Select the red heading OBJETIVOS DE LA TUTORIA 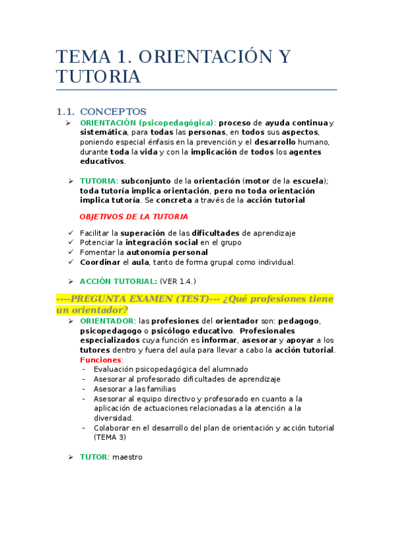(133, 216)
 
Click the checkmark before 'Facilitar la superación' (71, 233)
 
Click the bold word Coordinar (98, 262)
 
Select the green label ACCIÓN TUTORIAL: (118, 281)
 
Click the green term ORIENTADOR (107, 321)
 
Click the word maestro (127, 457)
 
